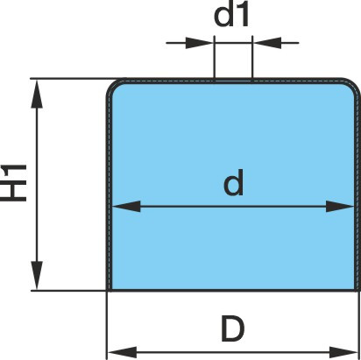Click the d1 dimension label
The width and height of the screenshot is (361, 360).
[x=231, y=16]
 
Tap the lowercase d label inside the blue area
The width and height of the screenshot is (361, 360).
[x=233, y=182]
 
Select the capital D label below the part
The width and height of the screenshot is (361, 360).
[x=232, y=329]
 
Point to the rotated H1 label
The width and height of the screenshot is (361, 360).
[x=14, y=183]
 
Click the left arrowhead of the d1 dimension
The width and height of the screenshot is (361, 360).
[x=200, y=43]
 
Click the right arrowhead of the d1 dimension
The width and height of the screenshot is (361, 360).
[x=267, y=43]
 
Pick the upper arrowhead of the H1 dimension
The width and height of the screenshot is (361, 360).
[x=37, y=94]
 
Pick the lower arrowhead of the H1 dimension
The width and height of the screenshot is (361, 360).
[x=37, y=275]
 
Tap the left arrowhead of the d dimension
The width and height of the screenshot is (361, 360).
[x=126, y=207]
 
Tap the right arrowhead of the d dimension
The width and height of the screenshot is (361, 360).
[x=340, y=207]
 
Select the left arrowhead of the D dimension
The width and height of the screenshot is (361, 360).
[x=122, y=352]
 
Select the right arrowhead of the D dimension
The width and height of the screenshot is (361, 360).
[x=343, y=352]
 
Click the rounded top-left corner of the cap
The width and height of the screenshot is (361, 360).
[x=111, y=84]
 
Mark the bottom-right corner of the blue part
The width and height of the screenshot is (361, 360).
[x=357, y=290]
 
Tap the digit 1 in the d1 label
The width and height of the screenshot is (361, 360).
[x=243, y=17]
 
